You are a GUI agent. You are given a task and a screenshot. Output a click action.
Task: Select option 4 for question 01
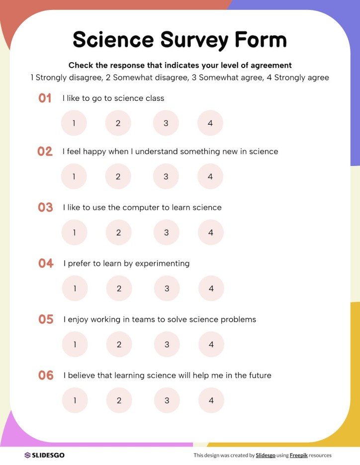click(210, 123)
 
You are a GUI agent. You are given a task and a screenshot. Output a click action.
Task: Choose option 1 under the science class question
click(74, 123)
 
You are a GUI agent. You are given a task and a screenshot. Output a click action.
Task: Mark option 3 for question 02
click(166, 176)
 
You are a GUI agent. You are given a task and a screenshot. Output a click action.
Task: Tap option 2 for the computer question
click(119, 232)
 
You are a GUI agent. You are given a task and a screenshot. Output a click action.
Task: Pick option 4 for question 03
click(211, 232)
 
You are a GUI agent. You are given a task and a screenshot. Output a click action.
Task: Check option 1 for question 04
click(75, 289)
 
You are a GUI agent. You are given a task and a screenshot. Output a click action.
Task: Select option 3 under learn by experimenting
click(167, 289)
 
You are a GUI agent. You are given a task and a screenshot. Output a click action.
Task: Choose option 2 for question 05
click(119, 344)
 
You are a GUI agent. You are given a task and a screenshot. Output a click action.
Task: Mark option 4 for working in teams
click(211, 344)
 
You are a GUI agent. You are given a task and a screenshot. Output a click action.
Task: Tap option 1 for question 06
click(75, 400)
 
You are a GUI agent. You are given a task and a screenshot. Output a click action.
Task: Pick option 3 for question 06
click(167, 400)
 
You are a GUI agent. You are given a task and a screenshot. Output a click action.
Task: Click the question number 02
click(45, 152)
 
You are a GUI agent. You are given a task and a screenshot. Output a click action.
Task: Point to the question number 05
click(46, 319)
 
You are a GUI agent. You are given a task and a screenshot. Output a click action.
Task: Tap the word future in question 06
click(259, 376)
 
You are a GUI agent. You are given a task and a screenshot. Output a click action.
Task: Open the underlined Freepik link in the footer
click(298, 455)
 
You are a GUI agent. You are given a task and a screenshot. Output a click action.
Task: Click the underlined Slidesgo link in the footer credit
click(266, 455)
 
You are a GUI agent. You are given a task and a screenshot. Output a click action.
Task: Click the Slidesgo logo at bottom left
click(44, 455)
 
